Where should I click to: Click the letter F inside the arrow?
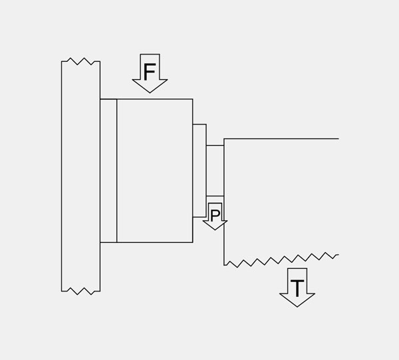(150, 72)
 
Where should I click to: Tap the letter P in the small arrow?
(215, 216)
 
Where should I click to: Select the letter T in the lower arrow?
(297, 288)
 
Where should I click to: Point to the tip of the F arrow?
(150, 92)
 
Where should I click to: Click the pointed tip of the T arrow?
(297, 307)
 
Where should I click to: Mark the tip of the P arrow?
(215, 230)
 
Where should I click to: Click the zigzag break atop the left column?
(80, 61)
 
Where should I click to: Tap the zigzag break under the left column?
(80, 291)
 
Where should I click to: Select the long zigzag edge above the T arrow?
(281, 260)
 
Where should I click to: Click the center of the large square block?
(155, 170)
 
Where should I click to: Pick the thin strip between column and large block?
(108, 170)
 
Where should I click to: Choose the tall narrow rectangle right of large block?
(199, 170)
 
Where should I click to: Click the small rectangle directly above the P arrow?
(215, 170)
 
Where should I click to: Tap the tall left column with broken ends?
(80, 176)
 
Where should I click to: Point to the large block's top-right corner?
(193, 99)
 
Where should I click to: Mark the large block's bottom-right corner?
(193, 242)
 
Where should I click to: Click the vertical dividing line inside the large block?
(117, 170)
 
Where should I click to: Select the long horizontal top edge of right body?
(281, 139)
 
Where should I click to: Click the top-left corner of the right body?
(224, 139)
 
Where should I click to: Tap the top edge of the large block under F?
(146, 99)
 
